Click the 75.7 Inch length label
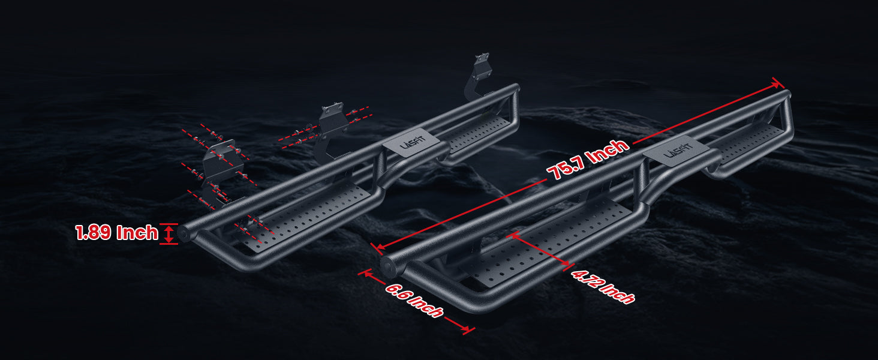(x=588, y=160)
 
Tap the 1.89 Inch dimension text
(x=116, y=233)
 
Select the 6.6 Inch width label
(x=414, y=299)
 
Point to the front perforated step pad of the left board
(x=312, y=213)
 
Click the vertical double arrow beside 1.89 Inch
(x=169, y=233)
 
